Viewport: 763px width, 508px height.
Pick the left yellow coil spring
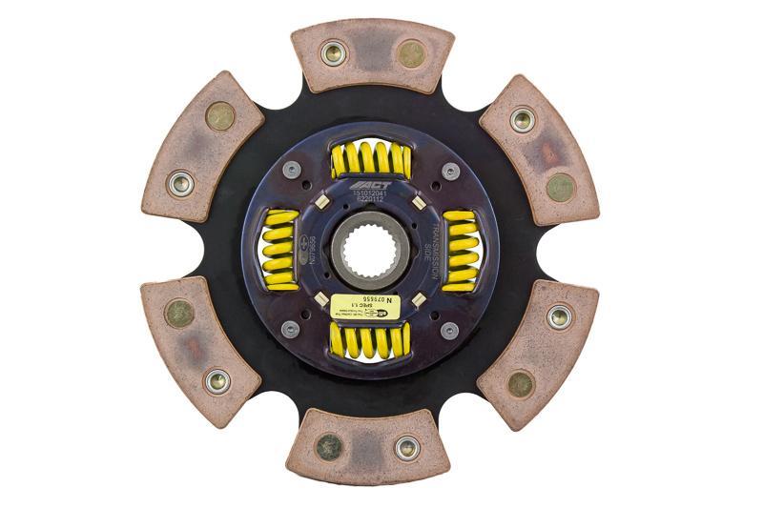point(281,250)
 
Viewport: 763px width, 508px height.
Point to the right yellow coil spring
point(462,251)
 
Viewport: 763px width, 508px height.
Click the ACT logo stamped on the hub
point(371,185)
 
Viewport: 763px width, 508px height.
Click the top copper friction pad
point(371,54)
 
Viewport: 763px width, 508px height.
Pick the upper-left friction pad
point(203,147)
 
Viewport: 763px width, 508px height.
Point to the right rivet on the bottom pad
point(408,446)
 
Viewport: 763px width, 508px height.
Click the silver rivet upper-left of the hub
point(292,172)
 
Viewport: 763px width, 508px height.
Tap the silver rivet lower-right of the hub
point(450,329)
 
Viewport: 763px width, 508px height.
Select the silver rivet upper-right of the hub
point(450,172)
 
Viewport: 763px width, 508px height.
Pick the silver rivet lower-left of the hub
point(291,329)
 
